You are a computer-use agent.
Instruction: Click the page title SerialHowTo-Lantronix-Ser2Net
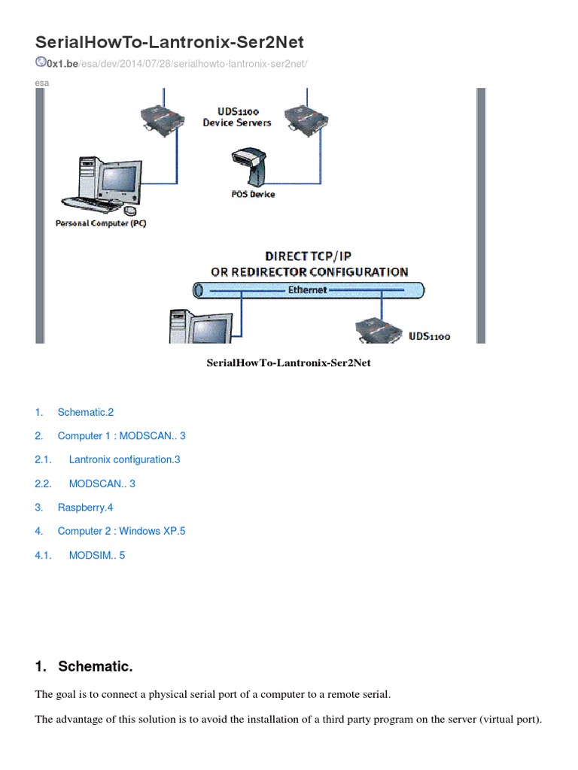(x=170, y=41)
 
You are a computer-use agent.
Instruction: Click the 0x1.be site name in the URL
(x=62, y=65)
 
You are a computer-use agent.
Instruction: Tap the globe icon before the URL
(x=41, y=63)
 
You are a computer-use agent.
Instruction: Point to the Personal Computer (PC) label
(x=101, y=223)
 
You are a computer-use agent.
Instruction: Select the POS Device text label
(x=253, y=194)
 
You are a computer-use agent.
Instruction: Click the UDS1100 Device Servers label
(x=237, y=116)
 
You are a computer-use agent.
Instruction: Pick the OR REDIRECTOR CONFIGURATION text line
(x=309, y=271)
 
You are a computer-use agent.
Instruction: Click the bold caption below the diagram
(x=289, y=363)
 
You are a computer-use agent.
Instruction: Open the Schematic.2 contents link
(x=86, y=412)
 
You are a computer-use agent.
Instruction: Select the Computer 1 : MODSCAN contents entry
(x=121, y=435)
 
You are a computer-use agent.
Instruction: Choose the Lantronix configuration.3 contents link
(x=125, y=459)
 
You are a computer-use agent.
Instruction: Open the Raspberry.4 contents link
(x=85, y=508)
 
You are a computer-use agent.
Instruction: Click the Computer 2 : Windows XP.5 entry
(x=121, y=531)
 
